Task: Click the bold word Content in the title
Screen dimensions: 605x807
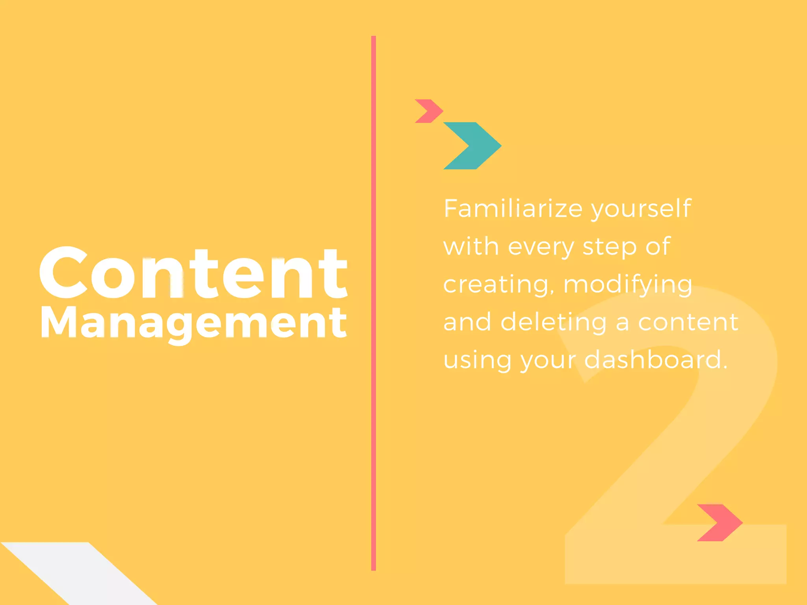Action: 193,273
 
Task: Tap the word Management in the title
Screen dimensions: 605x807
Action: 193,323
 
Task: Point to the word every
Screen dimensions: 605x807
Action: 541,247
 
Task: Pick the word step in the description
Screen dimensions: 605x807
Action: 610,247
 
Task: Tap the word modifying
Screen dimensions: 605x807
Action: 628,284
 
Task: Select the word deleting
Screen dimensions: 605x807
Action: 554,322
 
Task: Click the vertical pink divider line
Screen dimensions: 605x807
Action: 374,303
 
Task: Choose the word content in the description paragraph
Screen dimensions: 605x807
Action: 688,322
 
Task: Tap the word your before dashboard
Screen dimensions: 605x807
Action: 548,360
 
